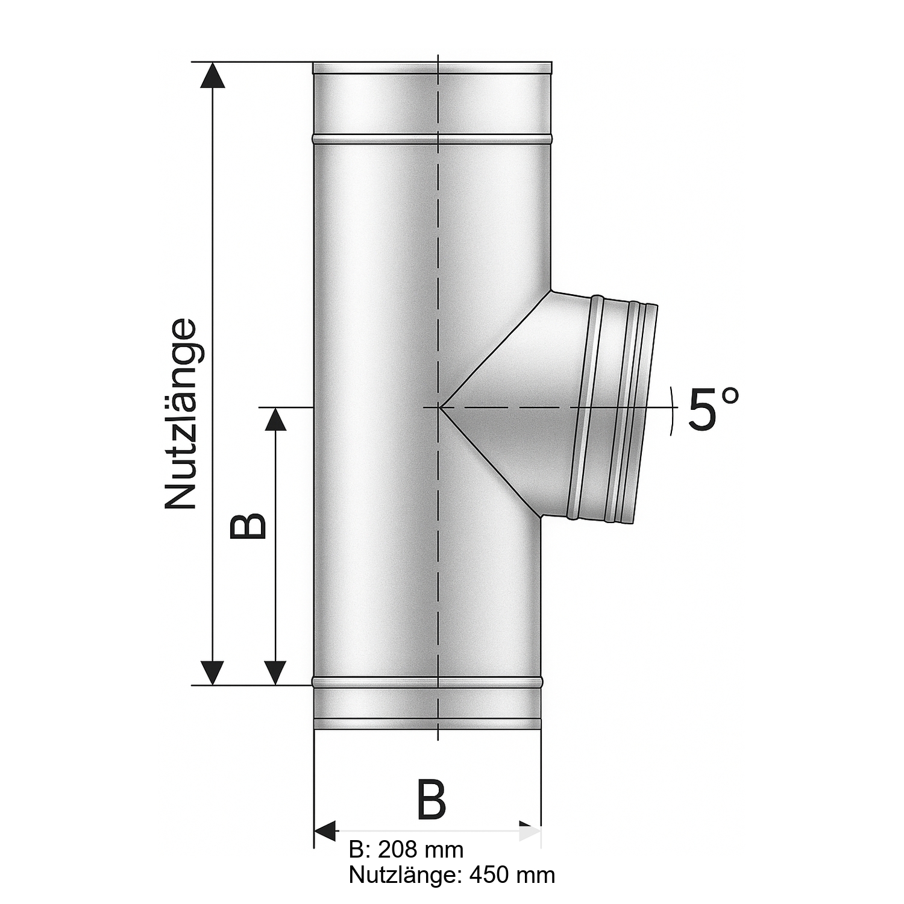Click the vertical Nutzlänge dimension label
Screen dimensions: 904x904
click(x=181, y=414)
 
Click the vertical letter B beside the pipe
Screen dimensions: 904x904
click(x=248, y=526)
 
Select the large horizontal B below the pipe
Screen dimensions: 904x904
click(x=432, y=801)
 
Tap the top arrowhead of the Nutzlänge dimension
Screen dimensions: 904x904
click(x=212, y=75)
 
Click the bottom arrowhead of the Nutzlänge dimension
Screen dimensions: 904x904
click(x=212, y=672)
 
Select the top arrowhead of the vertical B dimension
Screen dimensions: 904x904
click(x=275, y=419)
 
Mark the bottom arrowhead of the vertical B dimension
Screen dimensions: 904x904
click(x=275, y=672)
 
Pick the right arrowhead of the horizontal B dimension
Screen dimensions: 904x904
click(x=530, y=831)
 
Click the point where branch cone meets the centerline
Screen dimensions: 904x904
click(x=441, y=408)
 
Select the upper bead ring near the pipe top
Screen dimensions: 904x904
click(x=432, y=140)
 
